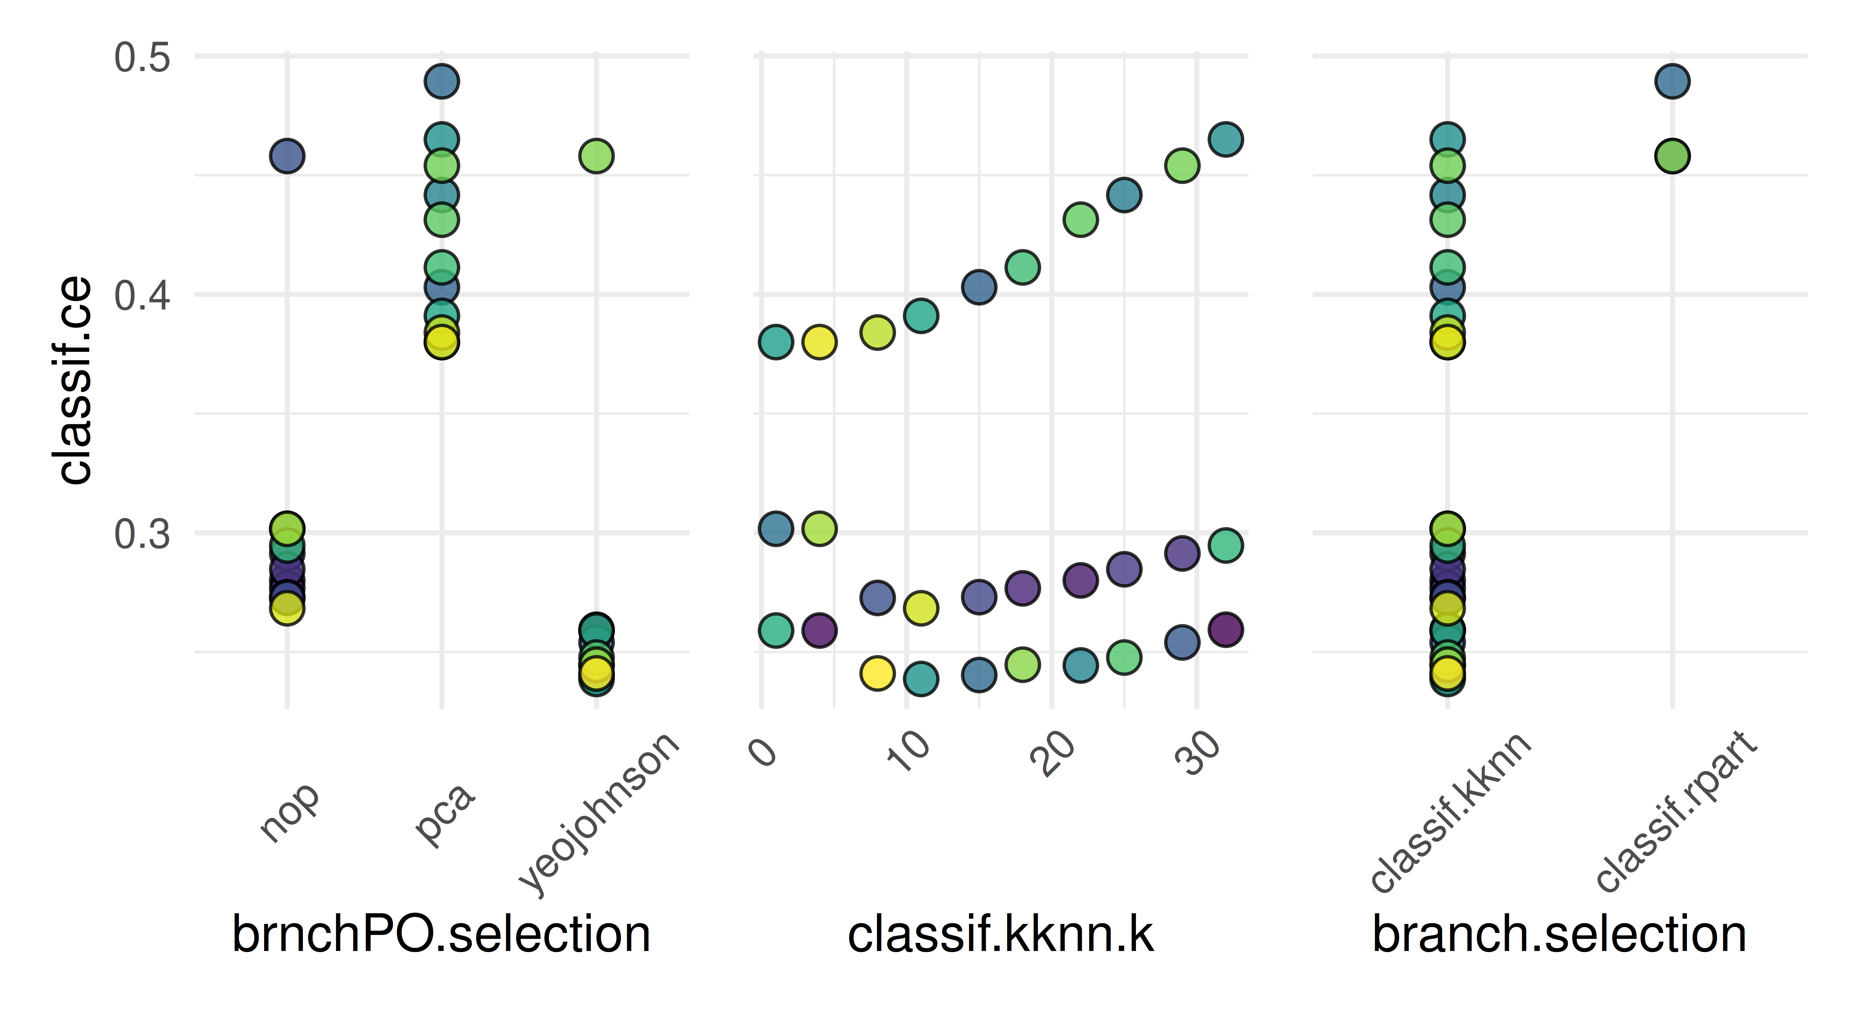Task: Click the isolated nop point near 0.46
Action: pos(287,156)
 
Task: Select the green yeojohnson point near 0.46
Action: pos(596,156)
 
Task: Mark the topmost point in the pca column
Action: pos(442,81)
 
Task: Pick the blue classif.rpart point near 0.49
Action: pos(1672,81)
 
